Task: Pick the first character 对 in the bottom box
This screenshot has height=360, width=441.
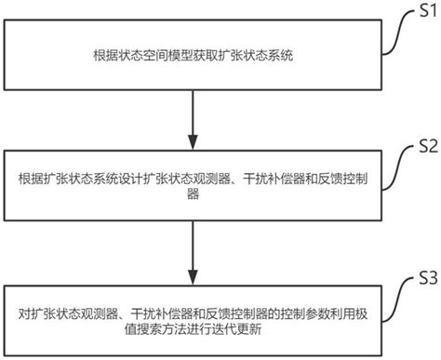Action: coord(23,310)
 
